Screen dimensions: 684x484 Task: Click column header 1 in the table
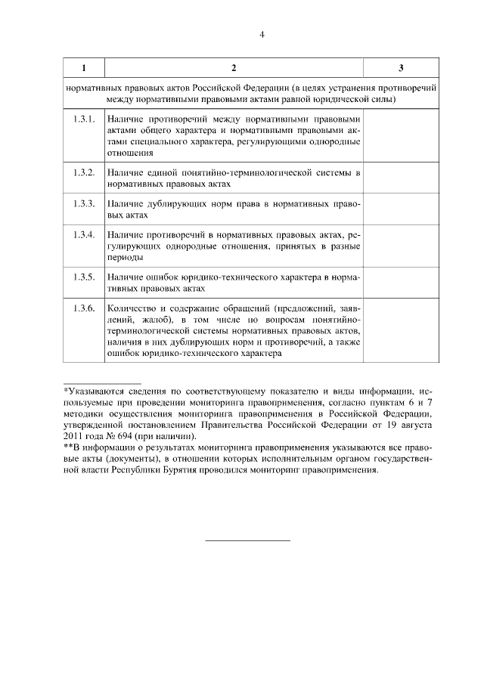point(84,69)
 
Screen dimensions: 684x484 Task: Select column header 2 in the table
point(234,69)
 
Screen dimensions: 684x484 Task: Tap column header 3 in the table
point(400,69)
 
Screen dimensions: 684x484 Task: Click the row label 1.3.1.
point(84,119)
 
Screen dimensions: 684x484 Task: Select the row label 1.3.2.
point(84,173)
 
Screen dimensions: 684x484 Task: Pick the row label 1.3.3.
point(84,205)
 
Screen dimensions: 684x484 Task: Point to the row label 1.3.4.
point(84,237)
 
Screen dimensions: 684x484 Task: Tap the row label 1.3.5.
point(84,277)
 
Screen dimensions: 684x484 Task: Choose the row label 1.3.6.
point(84,309)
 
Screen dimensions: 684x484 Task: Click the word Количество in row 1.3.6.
point(131,309)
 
